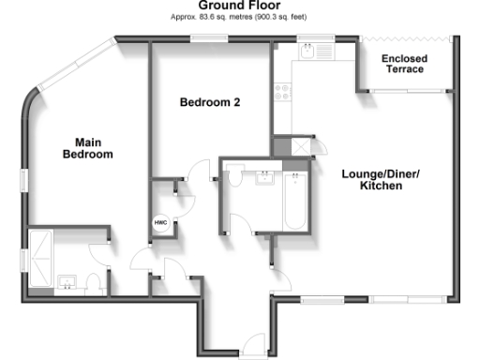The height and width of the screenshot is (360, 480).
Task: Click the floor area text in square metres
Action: (x=239, y=17)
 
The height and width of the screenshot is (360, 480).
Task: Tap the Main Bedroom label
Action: (x=87, y=148)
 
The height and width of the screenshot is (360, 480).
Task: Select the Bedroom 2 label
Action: (x=210, y=102)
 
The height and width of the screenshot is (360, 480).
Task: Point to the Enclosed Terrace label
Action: (x=404, y=65)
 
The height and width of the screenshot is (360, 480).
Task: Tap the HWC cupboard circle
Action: (x=162, y=222)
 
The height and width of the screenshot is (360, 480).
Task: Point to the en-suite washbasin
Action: (x=66, y=280)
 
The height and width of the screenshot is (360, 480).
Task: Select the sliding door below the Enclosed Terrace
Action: (x=405, y=91)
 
